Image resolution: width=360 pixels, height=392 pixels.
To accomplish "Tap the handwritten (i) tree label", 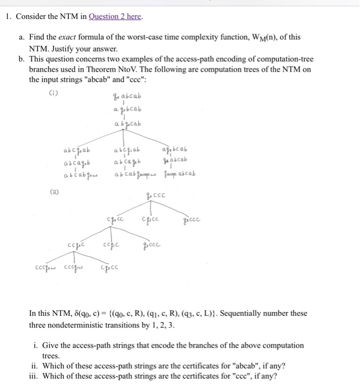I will point(54,94).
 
